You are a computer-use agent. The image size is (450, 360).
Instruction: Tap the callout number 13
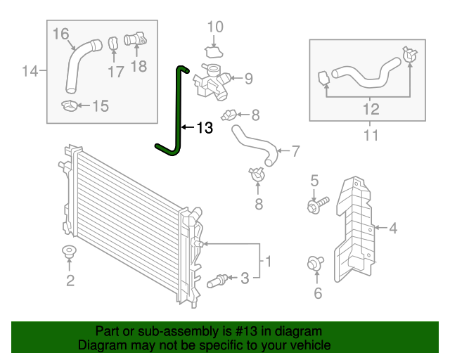(x=204, y=128)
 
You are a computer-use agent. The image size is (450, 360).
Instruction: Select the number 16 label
(x=61, y=33)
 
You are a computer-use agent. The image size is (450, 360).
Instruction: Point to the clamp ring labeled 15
(x=71, y=106)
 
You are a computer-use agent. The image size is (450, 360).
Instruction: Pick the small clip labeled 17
(x=112, y=44)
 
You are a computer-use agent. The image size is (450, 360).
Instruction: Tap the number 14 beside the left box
(x=30, y=71)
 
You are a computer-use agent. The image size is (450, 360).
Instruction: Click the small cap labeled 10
(x=214, y=52)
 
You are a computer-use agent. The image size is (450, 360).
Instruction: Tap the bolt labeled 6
(x=314, y=264)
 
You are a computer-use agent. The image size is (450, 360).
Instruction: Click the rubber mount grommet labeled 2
(x=69, y=253)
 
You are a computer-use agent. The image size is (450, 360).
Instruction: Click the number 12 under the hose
(x=371, y=109)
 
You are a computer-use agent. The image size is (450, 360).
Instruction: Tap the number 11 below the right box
(x=371, y=134)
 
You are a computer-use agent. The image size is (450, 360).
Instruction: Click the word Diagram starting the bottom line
(x=100, y=345)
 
